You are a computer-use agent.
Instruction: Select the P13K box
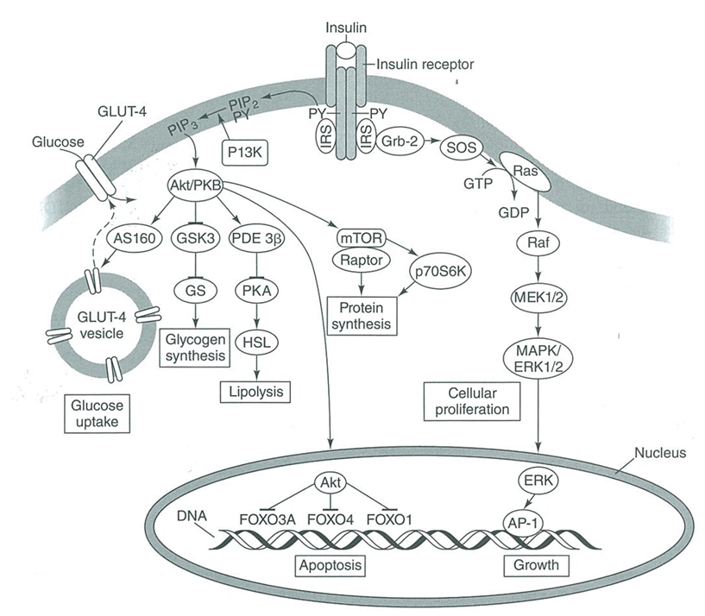pos(245,151)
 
